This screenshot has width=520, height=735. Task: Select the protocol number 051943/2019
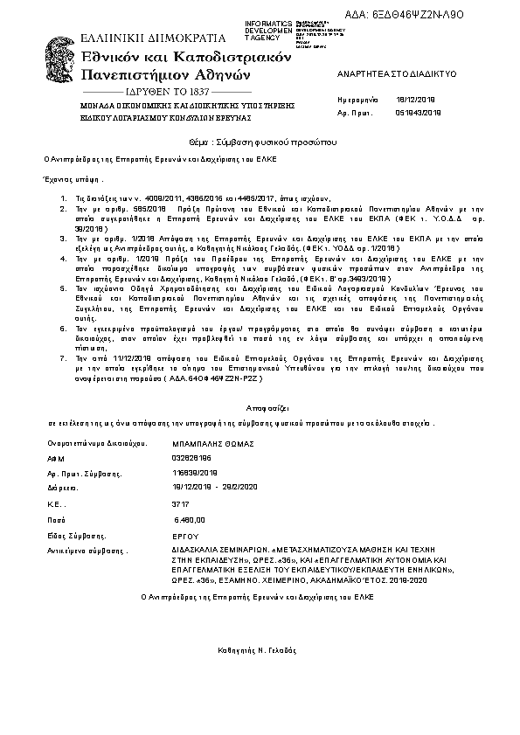tap(421, 114)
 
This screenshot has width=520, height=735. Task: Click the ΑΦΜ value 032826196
tap(192, 457)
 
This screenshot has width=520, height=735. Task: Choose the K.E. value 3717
tap(181, 504)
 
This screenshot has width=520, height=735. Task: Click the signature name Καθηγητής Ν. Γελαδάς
tap(258, 652)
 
